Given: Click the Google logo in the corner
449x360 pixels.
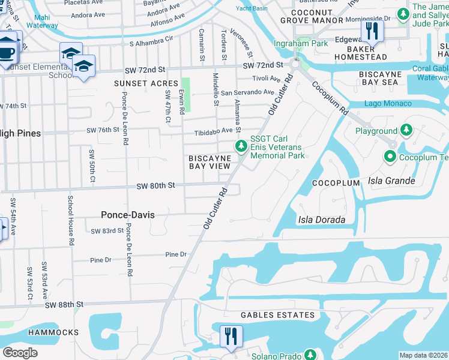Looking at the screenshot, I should pyautogui.click(x=20, y=353).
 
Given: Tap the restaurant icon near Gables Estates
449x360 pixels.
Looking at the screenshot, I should pyautogui.click(x=231, y=337).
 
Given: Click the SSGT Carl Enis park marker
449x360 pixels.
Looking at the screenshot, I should pyautogui.click(x=241, y=146).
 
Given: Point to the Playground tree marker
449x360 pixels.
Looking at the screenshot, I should pyautogui.click(x=406, y=130).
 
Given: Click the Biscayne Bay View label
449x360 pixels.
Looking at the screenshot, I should pyautogui.click(x=209, y=161).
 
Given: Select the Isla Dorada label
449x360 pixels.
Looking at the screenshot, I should pyautogui.click(x=322, y=220).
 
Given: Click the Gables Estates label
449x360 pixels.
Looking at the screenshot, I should pyautogui.click(x=277, y=315).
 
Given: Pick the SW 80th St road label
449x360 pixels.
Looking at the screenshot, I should pyautogui.click(x=155, y=186).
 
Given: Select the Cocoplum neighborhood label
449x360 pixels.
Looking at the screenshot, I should pyautogui.click(x=336, y=182).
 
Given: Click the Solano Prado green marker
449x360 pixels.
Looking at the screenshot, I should pyautogui.click(x=310, y=355).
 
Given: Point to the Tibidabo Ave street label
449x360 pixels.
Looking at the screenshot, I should pyautogui.click(x=212, y=131).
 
